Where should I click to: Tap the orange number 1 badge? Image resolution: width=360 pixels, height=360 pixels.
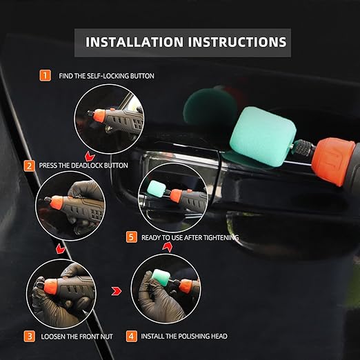coord(46,75)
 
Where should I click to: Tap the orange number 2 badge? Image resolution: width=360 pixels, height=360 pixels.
coord(29,166)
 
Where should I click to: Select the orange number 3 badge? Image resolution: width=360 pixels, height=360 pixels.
coord(29,337)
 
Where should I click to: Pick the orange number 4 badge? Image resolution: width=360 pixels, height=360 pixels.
coord(131,337)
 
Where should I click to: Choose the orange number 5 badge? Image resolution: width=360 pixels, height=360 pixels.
coord(131,237)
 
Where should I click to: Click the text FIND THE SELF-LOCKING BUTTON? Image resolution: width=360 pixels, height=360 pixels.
coord(107,75)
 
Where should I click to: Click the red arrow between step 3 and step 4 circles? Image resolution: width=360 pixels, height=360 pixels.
coord(117,291)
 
